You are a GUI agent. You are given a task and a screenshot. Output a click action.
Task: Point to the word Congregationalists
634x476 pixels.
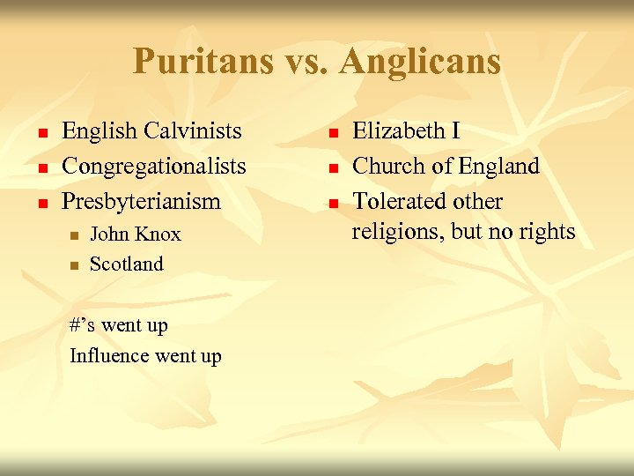click(153, 167)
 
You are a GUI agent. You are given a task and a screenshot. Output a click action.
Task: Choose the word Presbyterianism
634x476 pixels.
click(141, 202)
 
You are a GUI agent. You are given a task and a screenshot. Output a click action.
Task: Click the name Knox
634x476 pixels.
click(158, 234)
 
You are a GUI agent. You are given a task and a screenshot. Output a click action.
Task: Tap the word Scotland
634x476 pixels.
click(127, 264)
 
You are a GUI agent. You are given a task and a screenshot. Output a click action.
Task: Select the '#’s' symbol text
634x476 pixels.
click(83, 325)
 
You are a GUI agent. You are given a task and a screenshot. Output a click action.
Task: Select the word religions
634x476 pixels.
click(392, 232)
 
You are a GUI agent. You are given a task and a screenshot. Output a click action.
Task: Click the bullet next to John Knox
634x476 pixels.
click(74, 236)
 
